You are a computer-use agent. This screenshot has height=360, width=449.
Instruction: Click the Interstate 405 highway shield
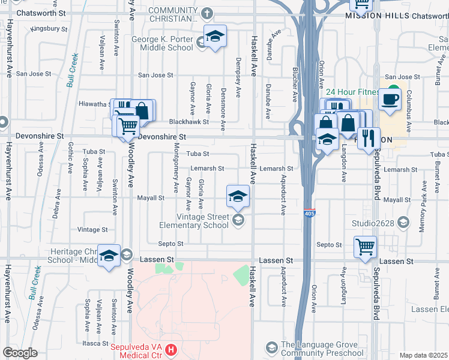[310, 214]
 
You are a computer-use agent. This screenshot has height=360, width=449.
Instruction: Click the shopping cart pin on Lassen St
[365, 247]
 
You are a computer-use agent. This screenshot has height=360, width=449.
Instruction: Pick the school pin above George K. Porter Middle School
[215, 37]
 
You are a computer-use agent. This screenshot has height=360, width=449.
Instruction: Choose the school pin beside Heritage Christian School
[109, 256]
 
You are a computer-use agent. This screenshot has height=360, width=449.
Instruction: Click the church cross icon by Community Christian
[206, 13]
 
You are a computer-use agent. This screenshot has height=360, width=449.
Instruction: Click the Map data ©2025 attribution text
[423, 355]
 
